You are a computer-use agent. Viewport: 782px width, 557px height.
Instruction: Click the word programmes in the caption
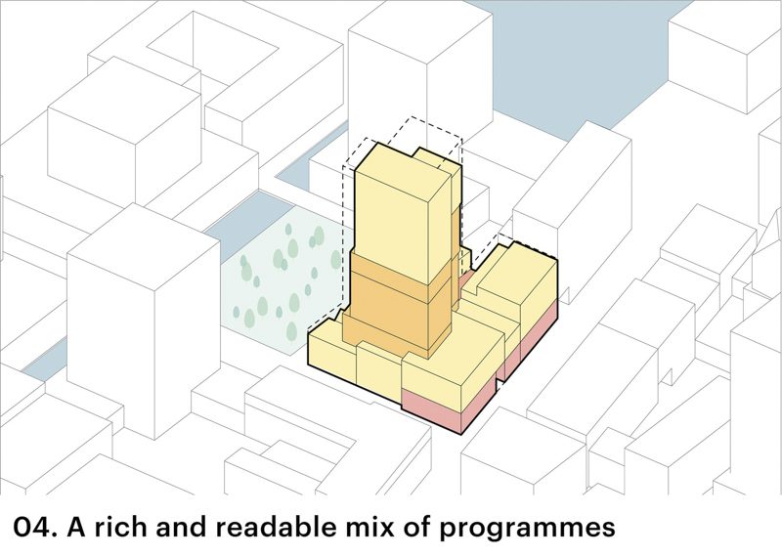coord(527,530)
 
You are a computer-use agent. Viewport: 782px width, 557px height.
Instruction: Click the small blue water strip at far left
coord(44,362)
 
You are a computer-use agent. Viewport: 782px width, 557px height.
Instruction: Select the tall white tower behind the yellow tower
coord(420,75)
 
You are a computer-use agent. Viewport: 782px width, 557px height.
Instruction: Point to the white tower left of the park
coord(144,320)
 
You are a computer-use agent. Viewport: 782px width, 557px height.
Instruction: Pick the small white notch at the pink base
coord(499,385)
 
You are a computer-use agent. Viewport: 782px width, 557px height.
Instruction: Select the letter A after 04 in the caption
coord(77,528)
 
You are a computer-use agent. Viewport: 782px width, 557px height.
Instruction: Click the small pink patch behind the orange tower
coord(466,280)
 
